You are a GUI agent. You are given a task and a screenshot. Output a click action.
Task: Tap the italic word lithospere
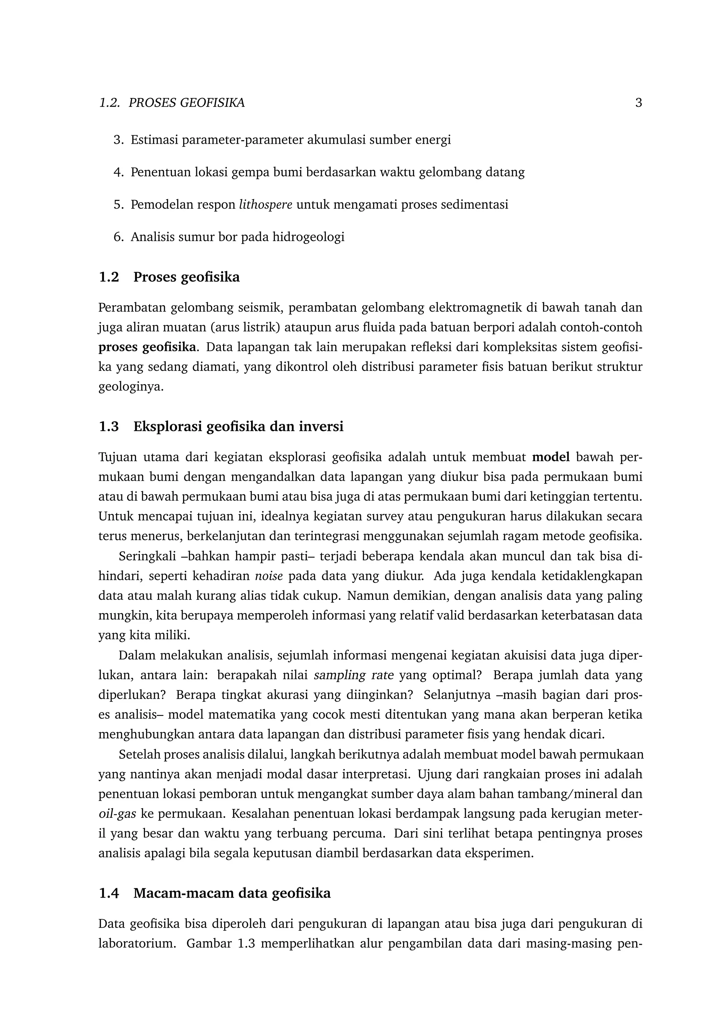pos(265,205)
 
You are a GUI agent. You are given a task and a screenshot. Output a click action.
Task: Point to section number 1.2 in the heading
pos(109,277)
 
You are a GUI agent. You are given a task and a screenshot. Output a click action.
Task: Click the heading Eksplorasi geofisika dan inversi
pos(238,427)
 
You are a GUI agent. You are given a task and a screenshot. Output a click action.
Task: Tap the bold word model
pos(551,457)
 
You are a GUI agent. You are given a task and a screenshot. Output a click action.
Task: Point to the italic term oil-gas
pos(117,814)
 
